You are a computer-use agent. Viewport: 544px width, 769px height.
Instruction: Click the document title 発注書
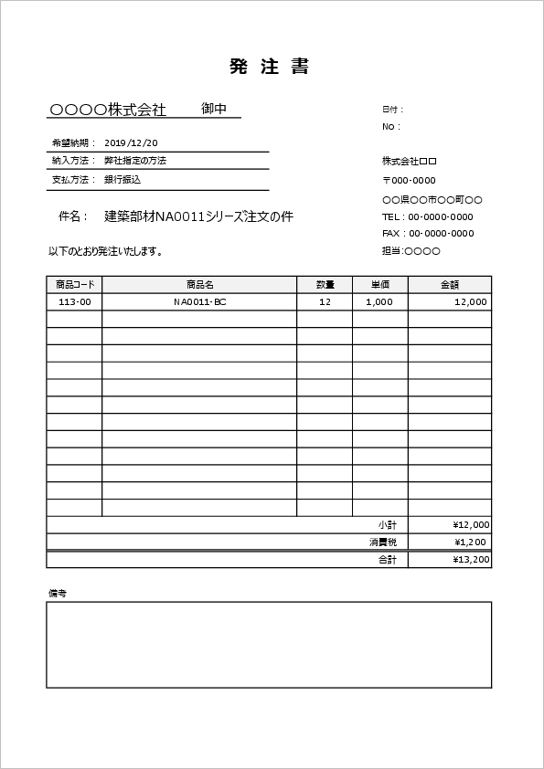270,67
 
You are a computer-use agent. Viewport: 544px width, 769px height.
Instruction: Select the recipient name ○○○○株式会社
108,110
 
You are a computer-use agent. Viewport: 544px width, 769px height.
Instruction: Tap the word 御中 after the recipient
214,109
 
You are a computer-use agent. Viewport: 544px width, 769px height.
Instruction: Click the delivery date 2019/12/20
131,142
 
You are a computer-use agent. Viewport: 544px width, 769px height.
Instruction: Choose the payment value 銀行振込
122,180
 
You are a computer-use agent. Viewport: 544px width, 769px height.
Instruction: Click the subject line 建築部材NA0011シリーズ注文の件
198,216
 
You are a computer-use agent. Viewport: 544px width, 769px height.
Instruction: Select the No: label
390,127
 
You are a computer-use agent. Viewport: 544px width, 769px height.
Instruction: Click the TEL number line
427,216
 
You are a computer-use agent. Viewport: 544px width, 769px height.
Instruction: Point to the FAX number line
428,234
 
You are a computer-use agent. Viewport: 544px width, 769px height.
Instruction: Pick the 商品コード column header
74,284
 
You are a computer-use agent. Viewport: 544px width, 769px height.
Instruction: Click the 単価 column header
379,284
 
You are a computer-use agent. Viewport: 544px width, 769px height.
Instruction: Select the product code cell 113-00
74,301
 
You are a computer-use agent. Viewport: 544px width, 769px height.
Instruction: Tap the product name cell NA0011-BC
199,301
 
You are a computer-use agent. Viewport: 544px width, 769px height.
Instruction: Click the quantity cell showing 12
325,301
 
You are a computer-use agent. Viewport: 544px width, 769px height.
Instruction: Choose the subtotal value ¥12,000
471,525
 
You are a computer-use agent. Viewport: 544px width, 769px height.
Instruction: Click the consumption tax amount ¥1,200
474,543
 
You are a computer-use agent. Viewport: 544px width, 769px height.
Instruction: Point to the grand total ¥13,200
471,560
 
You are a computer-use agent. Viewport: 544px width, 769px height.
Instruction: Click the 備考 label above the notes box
58,593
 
